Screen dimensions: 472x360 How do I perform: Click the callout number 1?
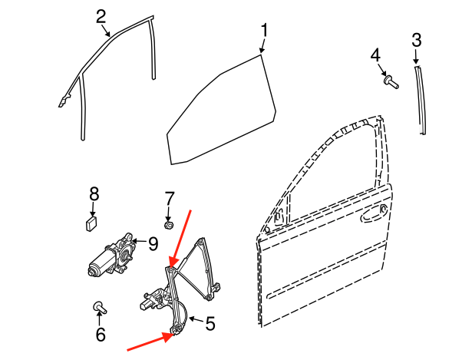[264, 31]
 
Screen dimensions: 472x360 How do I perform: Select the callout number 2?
[101, 17]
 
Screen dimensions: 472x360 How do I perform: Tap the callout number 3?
[417, 41]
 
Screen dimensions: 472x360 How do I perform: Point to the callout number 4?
[375, 56]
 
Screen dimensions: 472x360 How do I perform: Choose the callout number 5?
[210, 324]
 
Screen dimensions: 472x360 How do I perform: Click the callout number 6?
[101, 334]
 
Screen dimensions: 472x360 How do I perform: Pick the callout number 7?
[169, 199]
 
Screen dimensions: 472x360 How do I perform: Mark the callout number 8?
[94, 194]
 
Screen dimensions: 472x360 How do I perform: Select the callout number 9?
[153, 244]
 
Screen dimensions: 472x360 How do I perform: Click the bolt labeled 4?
[391, 81]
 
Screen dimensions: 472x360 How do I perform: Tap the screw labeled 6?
[100, 307]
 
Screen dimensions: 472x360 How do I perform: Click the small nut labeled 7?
[169, 225]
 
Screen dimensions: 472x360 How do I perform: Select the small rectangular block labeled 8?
[91, 223]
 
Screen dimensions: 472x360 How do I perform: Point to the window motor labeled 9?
[111, 256]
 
